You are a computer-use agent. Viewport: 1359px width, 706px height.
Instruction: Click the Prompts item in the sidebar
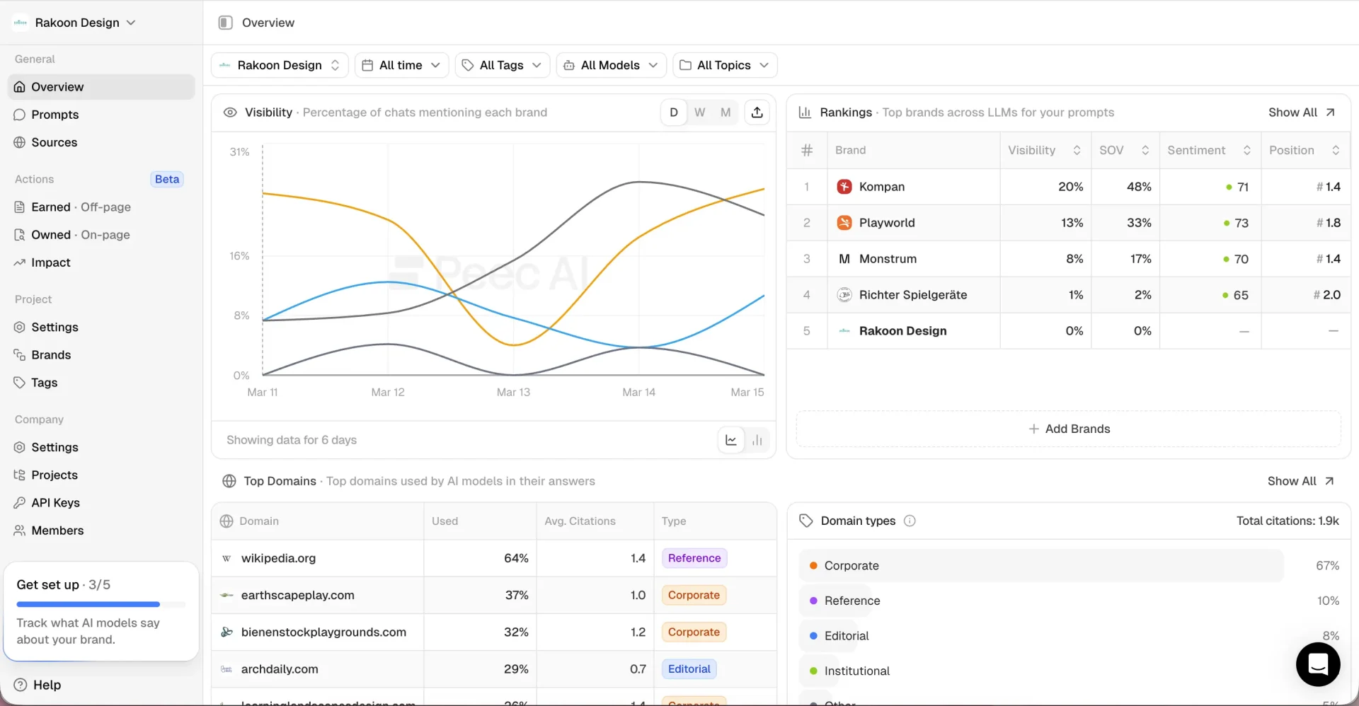tap(55, 115)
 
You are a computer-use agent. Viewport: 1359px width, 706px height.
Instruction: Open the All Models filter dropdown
tap(611, 65)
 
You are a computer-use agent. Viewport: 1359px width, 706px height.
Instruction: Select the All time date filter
tap(401, 65)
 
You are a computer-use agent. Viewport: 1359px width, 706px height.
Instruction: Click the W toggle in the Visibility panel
tap(699, 112)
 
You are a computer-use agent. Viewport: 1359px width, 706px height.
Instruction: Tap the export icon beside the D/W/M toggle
tap(757, 112)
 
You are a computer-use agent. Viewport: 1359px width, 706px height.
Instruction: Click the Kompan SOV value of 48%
tap(1138, 187)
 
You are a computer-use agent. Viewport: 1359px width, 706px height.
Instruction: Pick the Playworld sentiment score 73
tap(1241, 223)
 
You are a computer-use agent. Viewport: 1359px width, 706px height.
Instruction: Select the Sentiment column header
tap(1196, 150)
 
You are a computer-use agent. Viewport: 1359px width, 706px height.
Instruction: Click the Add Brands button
tap(1069, 429)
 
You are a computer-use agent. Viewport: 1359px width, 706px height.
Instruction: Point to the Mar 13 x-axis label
tap(513, 392)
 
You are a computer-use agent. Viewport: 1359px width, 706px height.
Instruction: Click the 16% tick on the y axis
tap(239, 256)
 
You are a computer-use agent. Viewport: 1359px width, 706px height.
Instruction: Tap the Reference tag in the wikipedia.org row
tap(694, 558)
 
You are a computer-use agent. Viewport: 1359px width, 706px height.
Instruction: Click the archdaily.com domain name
tap(280, 669)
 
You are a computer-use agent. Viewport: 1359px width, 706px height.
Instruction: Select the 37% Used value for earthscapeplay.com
tap(516, 595)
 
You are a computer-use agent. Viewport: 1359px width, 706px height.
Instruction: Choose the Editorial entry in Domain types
tap(846, 636)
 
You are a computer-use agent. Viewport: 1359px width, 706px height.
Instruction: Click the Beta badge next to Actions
tap(167, 179)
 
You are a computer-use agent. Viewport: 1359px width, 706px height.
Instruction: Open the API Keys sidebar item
tap(55, 503)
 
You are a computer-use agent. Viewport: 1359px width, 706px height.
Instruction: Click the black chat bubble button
tap(1317, 664)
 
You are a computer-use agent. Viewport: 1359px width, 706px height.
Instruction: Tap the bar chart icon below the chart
tap(757, 440)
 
